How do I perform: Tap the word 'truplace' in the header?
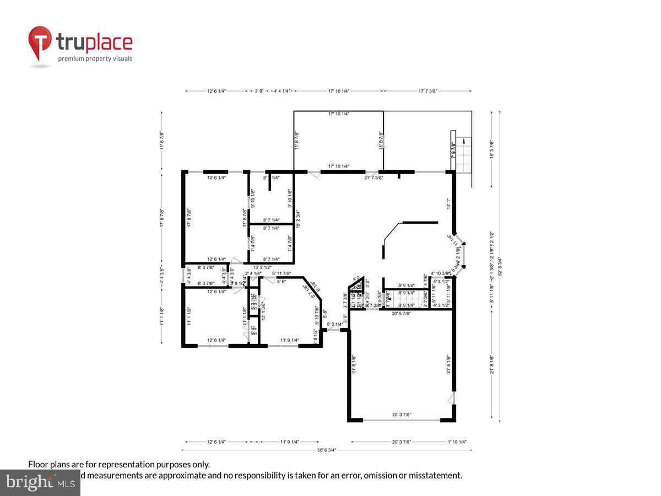coord(94,42)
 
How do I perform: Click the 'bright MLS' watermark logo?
coord(40,483)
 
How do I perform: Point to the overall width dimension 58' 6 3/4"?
coord(327,450)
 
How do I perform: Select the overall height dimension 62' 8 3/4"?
coord(500,267)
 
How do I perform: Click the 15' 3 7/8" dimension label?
coord(491,149)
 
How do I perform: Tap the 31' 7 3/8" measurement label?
coord(373,177)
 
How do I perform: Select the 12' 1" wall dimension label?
coord(448,204)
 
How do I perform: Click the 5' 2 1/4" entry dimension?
coord(334,325)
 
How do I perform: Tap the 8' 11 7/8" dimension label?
coord(281,273)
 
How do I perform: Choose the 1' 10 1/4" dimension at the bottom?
coord(457,441)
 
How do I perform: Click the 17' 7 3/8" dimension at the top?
coord(428,91)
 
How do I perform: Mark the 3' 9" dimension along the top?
coord(259,91)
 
